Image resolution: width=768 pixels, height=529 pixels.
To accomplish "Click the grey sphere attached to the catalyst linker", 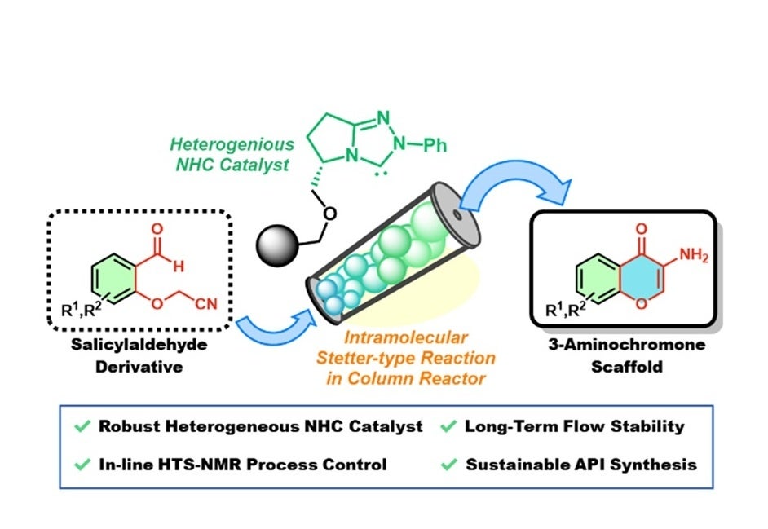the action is point(277,245).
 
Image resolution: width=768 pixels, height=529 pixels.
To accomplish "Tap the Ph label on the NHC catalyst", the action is point(435,144).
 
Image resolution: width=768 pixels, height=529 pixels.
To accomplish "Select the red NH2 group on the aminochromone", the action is point(694,256).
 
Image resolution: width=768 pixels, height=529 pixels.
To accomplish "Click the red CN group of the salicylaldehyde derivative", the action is point(206,304).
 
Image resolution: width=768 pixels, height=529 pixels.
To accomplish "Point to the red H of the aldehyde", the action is point(179,267).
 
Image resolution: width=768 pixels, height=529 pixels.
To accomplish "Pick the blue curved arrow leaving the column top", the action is point(517,186).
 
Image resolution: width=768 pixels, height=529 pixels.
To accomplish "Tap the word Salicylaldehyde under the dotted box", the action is point(139,344).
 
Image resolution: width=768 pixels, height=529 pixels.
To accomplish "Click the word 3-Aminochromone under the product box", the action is point(626,344).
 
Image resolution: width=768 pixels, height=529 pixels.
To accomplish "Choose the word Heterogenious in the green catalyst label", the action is point(232,144).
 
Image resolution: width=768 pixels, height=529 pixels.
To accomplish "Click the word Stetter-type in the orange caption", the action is point(365,358).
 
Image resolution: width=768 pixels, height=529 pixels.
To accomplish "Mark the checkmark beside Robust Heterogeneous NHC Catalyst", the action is point(82,425).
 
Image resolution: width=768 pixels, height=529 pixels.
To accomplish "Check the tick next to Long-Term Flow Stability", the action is point(448,425).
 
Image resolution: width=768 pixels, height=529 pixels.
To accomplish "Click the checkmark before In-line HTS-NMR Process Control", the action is point(82,464).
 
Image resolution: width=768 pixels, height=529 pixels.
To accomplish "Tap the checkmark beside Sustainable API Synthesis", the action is point(448,464).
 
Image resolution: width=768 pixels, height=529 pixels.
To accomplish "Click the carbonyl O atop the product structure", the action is point(641,229).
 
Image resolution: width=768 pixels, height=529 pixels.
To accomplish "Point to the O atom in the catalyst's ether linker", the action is point(330,214).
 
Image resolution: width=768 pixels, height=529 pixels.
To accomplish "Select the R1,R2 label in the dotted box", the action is point(81,309).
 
